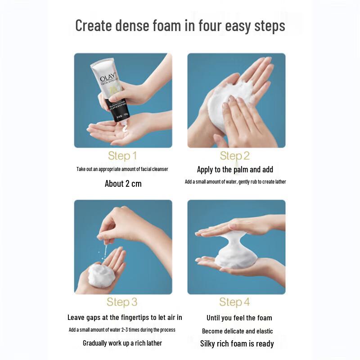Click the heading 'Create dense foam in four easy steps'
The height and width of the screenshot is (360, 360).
[180, 25]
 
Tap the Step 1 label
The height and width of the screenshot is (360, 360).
[122, 156]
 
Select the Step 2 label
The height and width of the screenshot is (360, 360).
[235, 156]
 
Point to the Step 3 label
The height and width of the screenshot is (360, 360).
[122, 301]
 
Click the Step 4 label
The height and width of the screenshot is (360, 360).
[234, 301]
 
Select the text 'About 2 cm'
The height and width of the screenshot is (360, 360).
[123, 184]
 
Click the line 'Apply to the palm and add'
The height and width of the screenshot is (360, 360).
[235, 170]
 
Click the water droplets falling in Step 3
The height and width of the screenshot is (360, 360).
[105, 252]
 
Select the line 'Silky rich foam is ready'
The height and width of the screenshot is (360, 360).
[237, 343]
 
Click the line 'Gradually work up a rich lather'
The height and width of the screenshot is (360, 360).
[122, 343]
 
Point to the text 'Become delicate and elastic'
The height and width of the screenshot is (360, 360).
[237, 331]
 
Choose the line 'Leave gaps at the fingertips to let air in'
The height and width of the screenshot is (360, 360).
[125, 318]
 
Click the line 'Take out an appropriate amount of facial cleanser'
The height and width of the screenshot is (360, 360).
[122, 169]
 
